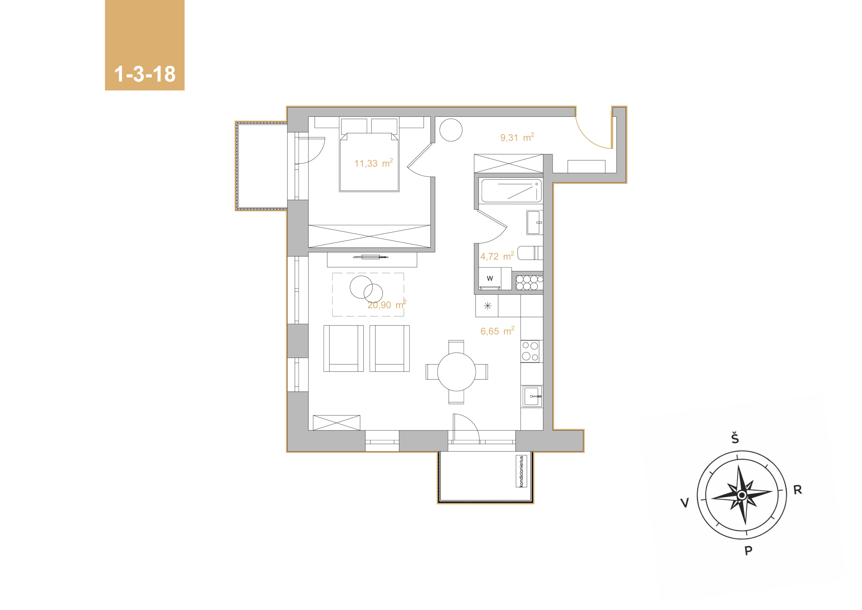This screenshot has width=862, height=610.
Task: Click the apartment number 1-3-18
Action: coord(145,74)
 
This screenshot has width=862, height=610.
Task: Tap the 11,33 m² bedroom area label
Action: coord(373,163)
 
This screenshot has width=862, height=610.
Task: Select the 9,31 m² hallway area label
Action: coord(517,137)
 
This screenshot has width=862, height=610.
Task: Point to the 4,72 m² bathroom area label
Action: coord(497,256)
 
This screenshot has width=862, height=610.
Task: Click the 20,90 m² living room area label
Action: coord(387,304)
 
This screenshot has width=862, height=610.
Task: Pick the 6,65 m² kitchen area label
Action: coord(497,331)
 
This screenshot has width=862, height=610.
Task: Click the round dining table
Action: coord(457,372)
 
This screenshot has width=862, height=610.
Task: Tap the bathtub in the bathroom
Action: coord(511,191)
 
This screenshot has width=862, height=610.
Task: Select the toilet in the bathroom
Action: coord(530,253)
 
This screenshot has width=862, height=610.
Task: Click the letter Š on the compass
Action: coord(735,438)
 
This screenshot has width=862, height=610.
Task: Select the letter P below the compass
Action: coord(748,551)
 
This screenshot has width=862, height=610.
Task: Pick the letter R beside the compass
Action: coord(797,490)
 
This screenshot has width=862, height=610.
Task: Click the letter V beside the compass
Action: coord(685,502)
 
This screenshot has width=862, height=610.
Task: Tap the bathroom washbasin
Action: coord(534,222)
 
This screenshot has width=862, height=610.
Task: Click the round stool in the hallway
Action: coord(451,130)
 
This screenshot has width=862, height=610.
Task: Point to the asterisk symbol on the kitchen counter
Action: coord(488,306)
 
